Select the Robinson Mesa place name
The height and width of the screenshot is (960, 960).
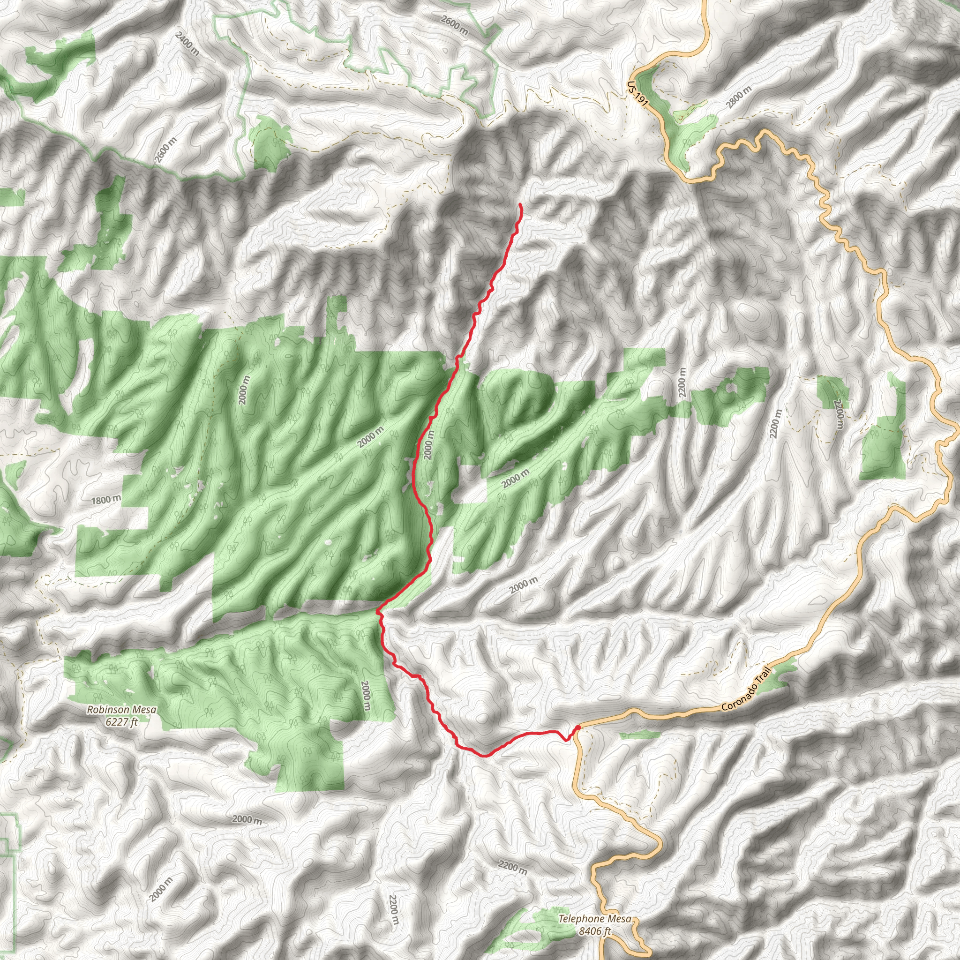click(121, 710)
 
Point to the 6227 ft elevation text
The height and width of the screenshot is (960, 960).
click(121, 722)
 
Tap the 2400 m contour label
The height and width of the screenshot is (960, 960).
click(187, 44)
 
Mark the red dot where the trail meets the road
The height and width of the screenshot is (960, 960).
click(578, 728)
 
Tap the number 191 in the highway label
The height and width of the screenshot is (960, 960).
click(642, 99)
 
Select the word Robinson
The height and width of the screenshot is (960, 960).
click(108, 710)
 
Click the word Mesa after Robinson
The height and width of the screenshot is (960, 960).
click(143, 710)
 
